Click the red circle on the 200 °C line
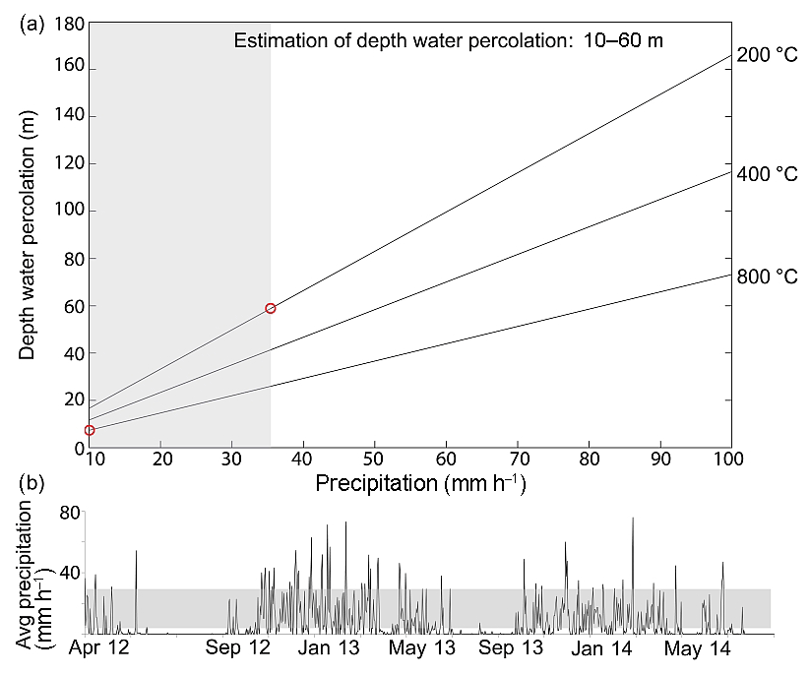[x=271, y=308]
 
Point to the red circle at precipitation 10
[x=90, y=430]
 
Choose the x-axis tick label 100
[x=729, y=460]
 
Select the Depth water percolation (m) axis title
[x=28, y=233]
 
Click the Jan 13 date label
[x=330, y=649]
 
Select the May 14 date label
[x=693, y=649]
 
